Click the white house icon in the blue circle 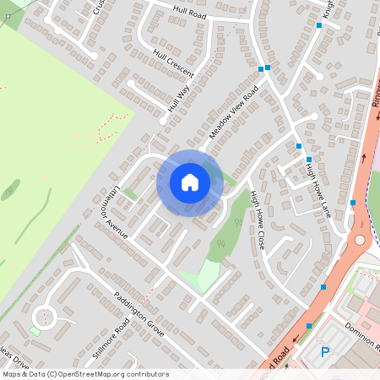point(190,182)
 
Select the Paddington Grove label point(138,314)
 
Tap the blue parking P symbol point(325,352)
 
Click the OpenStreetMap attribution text point(84,374)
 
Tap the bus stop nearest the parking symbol point(310,325)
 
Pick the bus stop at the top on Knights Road point(319,25)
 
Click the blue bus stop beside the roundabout point(353,203)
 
